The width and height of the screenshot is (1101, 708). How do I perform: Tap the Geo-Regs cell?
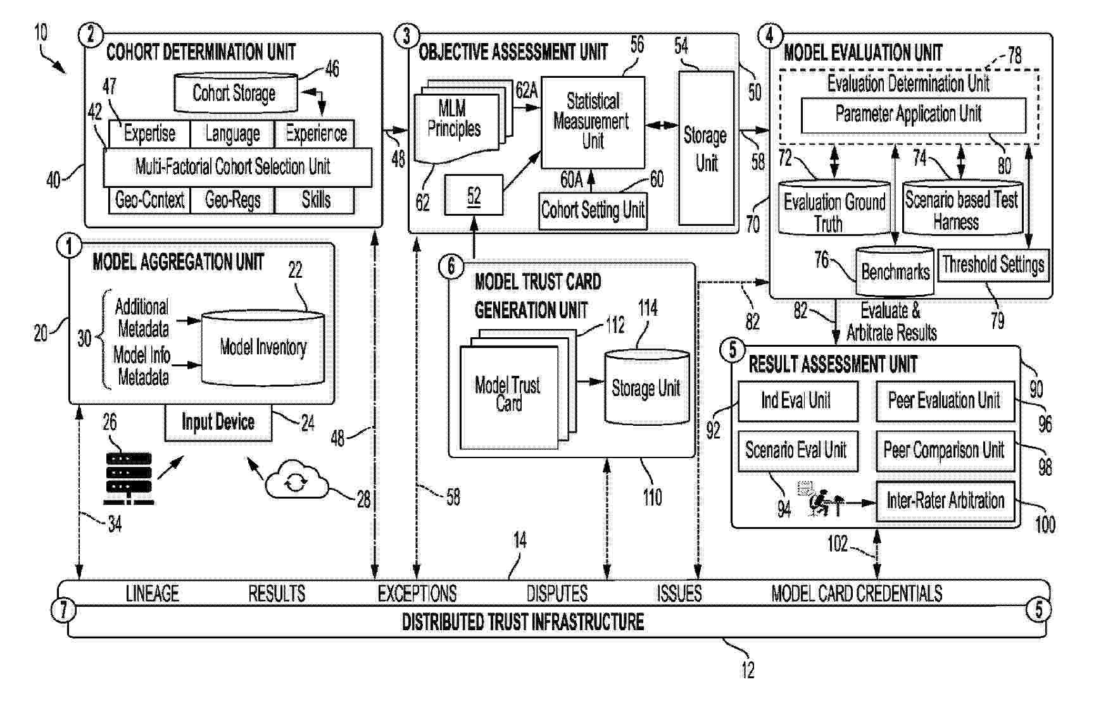tap(232, 201)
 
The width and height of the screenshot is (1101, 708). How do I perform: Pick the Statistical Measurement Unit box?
tap(593, 122)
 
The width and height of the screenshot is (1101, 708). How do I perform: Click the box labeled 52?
tap(474, 196)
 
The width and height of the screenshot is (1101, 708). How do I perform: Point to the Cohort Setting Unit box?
tap(593, 209)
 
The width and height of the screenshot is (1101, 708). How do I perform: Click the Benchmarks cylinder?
tap(895, 272)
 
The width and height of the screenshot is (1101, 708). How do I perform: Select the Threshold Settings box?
tap(993, 265)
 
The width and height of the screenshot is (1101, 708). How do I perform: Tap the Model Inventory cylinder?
tap(263, 347)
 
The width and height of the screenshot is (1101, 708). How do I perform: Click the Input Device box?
tap(218, 423)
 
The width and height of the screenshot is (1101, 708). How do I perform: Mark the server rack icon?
tap(129, 478)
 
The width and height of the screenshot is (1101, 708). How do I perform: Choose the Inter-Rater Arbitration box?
tap(945, 501)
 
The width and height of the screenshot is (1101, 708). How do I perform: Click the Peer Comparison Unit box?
tap(944, 450)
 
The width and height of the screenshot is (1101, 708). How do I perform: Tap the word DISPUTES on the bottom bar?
tap(557, 593)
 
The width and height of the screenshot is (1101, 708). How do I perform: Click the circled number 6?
tap(451, 266)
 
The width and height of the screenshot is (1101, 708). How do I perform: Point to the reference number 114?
tap(647, 309)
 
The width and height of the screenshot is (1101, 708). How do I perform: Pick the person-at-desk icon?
tap(821, 500)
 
